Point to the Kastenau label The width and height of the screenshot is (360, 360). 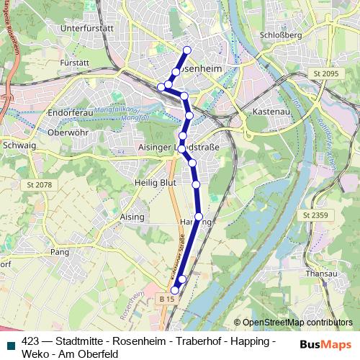click(271, 112)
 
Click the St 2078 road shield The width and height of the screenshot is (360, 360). click(39, 185)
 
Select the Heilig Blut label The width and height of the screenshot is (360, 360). click(150, 183)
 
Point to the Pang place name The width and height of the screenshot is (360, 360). click(59, 252)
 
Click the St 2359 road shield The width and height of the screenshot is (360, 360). click(315, 215)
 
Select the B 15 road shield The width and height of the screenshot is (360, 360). click(168, 298)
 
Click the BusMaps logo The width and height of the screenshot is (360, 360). click(325, 344)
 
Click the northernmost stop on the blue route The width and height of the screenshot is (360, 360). click(187, 50)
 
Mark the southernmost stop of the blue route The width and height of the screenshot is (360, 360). click(174, 290)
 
